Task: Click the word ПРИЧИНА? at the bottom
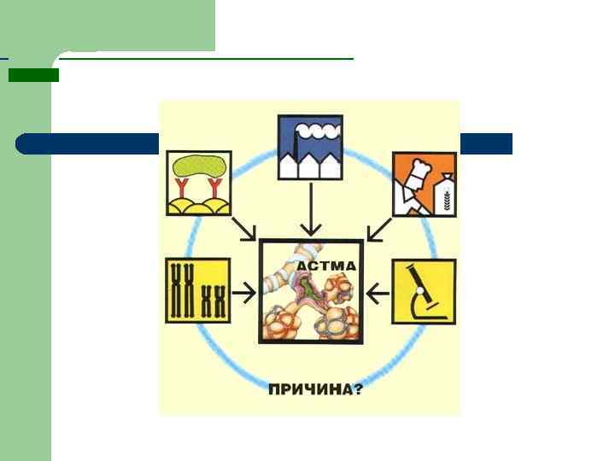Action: [x=315, y=390]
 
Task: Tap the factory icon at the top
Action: [x=310, y=147]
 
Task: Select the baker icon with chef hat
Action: [x=424, y=184]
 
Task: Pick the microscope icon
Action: [x=424, y=292]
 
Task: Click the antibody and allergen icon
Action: [x=198, y=184]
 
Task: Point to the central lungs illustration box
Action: [x=312, y=291]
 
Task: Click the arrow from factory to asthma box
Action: [x=311, y=209]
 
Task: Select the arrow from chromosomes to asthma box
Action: [x=245, y=294]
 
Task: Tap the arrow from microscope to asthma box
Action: [x=377, y=294]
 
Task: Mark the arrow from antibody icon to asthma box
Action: [x=244, y=229]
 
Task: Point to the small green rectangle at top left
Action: [x=33, y=75]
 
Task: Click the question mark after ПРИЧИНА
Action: [x=358, y=390]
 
